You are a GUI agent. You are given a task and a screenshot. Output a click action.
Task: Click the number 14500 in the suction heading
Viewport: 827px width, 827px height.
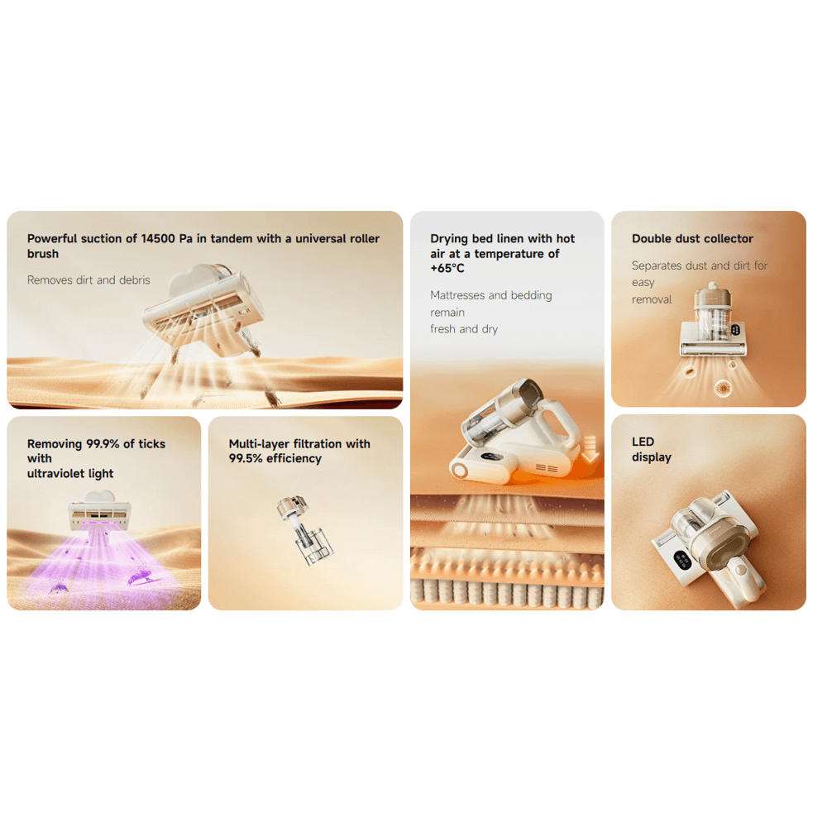(x=158, y=238)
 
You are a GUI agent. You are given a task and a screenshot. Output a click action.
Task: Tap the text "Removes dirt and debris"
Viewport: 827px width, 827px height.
(x=88, y=280)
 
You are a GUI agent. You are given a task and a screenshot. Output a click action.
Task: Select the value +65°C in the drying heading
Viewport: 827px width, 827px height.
(x=447, y=269)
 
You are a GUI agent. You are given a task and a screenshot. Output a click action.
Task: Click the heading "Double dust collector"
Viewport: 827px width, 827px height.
(x=692, y=238)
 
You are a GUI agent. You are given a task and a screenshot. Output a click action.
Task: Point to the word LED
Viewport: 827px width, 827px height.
(x=643, y=442)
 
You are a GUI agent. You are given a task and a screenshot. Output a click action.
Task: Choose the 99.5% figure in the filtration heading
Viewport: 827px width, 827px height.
(x=246, y=458)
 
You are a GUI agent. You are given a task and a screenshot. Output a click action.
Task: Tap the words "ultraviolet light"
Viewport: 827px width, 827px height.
(x=70, y=474)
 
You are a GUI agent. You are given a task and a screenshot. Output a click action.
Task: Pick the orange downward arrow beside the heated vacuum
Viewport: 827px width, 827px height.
(x=590, y=450)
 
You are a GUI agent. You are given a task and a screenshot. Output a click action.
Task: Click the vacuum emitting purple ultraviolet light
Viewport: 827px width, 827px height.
(x=98, y=510)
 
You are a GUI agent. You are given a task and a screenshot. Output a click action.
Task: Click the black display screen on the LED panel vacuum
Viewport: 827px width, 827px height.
(x=682, y=559)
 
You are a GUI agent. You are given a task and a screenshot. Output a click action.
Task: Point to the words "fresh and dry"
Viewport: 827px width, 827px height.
(x=464, y=329)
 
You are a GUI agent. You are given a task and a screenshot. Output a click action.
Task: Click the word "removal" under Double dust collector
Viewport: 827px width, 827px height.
(x=652, y=299)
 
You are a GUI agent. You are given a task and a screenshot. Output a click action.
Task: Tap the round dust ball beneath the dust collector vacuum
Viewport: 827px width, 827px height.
(x=723, y=388)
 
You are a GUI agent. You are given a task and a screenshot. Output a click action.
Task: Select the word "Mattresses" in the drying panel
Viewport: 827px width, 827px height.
(x=457, y=295)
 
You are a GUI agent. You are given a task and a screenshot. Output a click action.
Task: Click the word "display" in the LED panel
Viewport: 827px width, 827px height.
(x=652, y=457)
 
